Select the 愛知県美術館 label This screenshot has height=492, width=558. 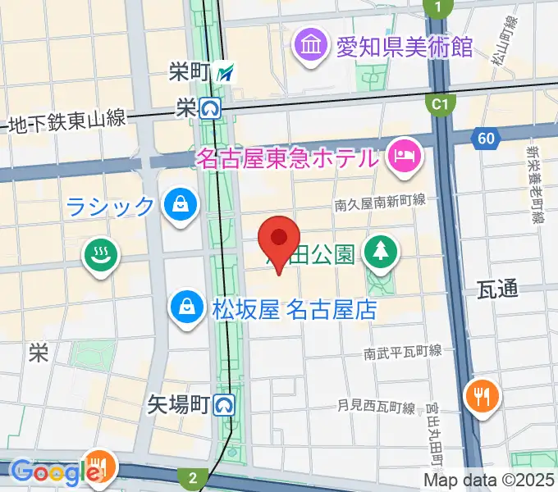[405, 43]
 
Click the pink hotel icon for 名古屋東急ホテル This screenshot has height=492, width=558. [405, 155]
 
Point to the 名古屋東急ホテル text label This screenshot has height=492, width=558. [287, 156]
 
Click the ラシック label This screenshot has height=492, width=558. [111, 206]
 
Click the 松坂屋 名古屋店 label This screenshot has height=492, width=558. [294, 310]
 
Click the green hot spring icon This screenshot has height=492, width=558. [102, 256]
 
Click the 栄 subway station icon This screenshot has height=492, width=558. [211, 107]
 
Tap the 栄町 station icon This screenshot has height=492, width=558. [228, 73]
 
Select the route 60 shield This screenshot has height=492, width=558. [486, 139]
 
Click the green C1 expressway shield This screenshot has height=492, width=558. [441, 104]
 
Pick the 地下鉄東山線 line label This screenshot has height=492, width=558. [66, 121]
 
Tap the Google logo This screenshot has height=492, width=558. [49, 471]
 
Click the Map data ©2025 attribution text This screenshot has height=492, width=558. [489, 480]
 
